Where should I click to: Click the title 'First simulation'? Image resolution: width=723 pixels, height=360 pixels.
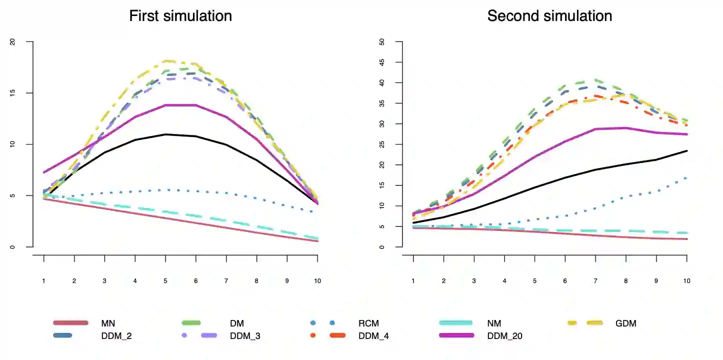[180, 16]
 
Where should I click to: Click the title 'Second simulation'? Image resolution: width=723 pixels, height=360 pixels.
[549, 16]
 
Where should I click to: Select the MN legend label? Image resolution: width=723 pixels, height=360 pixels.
[108, 323]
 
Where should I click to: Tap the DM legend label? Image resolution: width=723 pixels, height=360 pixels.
[237, 323]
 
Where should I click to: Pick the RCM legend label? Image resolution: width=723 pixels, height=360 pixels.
[368, 323]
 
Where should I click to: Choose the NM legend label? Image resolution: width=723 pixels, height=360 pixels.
[494, 323]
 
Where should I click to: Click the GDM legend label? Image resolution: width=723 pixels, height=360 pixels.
[626, 323]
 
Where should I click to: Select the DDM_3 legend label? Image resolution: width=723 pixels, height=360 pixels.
[245, 336]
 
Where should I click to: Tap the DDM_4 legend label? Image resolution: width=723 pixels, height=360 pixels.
[373, 336]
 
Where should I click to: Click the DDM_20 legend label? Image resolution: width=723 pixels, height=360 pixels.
[505, 336]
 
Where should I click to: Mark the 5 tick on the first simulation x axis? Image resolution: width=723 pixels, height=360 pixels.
[165, 281]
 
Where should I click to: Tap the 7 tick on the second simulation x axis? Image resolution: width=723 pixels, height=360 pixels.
[595, 281]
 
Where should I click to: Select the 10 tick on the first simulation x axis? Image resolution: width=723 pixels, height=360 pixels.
[317, 281]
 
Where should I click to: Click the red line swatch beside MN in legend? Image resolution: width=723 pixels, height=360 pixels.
[70, 323]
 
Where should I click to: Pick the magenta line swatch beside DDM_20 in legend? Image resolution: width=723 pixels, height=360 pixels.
[456, 335]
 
